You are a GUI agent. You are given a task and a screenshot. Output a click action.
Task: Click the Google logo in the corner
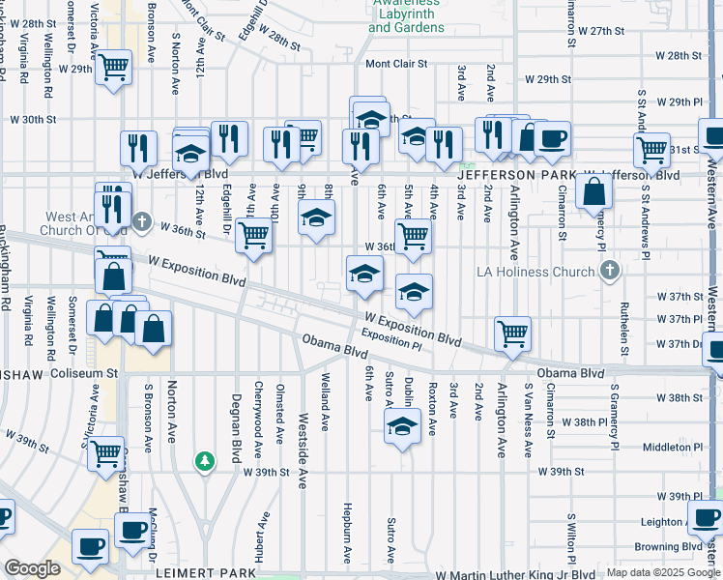pos(32,569)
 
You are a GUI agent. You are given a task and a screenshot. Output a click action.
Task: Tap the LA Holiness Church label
pos(535,272)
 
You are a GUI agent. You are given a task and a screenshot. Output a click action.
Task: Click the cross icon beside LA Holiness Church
pos(609,273)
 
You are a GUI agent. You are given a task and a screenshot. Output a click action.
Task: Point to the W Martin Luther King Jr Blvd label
pos(502,574)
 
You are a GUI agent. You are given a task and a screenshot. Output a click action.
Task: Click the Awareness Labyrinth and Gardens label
pos(406,20)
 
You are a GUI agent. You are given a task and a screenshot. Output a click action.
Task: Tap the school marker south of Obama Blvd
pos(402,425)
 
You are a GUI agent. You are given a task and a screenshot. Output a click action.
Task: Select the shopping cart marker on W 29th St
pos(114,68)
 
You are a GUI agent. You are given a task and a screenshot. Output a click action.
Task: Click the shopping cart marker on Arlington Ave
pos(512,333)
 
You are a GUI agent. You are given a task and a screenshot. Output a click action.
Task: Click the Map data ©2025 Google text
pos(663,573)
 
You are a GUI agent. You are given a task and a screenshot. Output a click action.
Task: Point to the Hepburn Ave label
pos(347,532)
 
